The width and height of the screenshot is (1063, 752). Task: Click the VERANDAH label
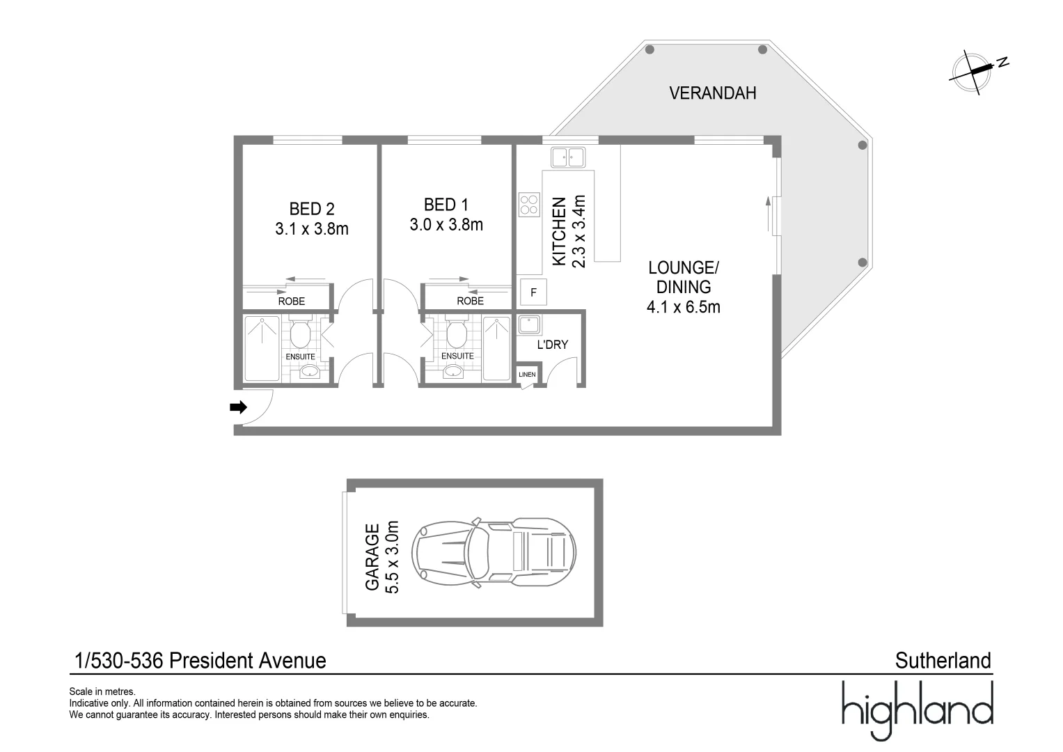712,93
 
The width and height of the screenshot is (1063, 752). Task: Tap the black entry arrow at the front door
238,407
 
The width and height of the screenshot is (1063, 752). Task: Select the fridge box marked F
533,292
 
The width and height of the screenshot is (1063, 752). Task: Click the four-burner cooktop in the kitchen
528,205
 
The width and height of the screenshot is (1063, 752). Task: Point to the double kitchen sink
568,157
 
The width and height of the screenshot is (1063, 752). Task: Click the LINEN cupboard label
527,375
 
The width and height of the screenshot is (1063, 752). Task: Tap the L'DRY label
552,345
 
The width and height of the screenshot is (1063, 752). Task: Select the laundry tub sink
529,324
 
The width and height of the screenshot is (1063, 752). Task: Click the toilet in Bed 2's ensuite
300,331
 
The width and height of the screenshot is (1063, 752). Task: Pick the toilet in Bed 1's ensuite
457,331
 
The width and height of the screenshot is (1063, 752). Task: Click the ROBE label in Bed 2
292,301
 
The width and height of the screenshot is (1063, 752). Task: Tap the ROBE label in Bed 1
471,301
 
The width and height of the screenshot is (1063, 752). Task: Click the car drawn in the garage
494,553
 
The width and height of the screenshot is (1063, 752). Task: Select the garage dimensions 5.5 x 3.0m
392,557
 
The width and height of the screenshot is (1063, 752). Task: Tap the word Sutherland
943,660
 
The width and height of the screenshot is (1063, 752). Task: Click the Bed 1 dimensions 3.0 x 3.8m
446,224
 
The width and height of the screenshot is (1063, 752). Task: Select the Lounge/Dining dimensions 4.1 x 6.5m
684,307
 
